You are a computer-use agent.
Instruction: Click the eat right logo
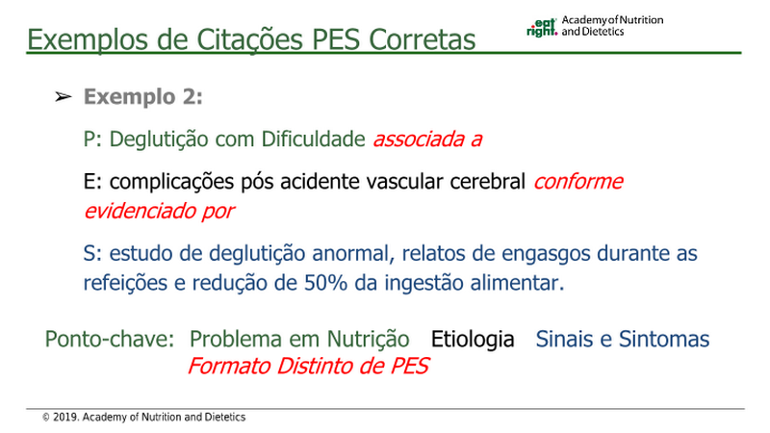point(542,28)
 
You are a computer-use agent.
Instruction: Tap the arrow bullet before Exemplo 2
point(64,97)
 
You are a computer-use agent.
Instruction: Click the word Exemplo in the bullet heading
point(130,97)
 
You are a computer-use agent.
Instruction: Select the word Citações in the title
point(250,39)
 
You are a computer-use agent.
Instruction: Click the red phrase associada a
point(427,139)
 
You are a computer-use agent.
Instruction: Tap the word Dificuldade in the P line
point(313,139)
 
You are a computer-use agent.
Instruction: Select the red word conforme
point(578,182)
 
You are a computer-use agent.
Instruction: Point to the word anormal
point(353,254)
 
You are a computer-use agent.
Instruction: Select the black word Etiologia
point(473,340)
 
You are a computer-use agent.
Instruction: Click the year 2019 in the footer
point(65,418)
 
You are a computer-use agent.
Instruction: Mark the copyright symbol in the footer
point(46,418)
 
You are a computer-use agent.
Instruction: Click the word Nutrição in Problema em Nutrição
point(368,340)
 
